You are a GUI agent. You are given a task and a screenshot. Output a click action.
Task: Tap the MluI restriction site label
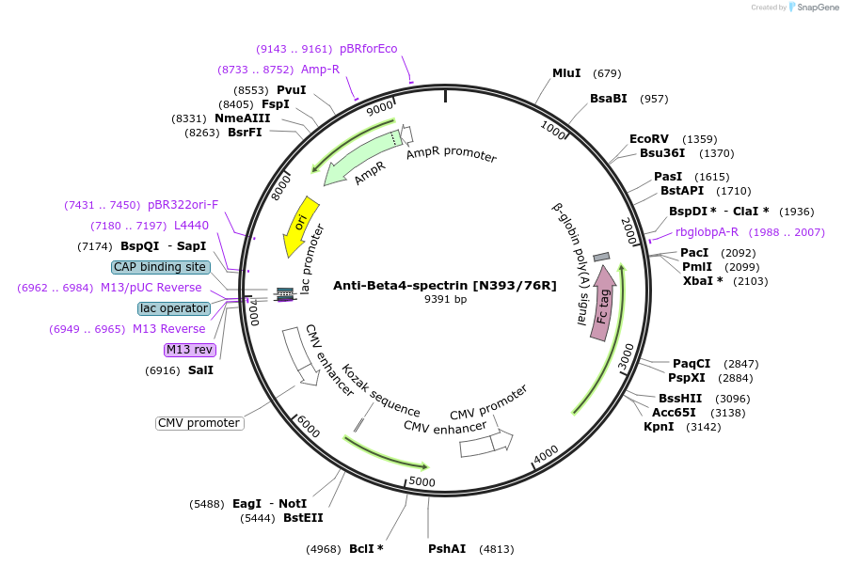[566, 73]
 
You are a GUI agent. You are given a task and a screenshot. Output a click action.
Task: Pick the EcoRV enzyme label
[649, 139]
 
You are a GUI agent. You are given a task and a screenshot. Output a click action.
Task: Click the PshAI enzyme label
[447, 548]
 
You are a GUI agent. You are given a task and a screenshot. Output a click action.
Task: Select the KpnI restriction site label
[659, 426]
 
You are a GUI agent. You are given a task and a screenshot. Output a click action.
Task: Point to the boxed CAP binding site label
[160, 267]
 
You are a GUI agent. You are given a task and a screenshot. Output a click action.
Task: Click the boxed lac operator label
[174, 308]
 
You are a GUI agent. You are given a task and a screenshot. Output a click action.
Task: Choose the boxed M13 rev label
[190, 350]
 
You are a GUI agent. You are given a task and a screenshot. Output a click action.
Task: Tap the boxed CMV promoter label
[199, 423]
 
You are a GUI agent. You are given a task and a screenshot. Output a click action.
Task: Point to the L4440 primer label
[191, 226]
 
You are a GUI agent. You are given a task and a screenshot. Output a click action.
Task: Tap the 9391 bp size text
[445, 299]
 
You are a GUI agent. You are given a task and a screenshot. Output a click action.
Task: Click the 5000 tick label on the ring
[421, 481]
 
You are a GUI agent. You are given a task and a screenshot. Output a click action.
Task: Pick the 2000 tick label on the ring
[630, 228]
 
